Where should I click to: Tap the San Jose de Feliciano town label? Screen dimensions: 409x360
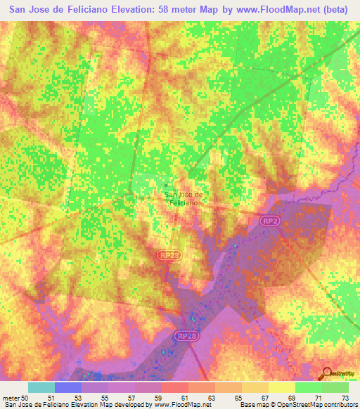[183, 198]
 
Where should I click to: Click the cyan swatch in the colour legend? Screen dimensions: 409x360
[41, 387]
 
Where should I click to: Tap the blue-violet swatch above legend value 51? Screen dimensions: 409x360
[68, 387]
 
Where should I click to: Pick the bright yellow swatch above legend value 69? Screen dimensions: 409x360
[281, 387]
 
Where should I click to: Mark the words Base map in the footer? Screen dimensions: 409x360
[254, 405]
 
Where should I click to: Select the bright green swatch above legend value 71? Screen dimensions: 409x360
[308, 387]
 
